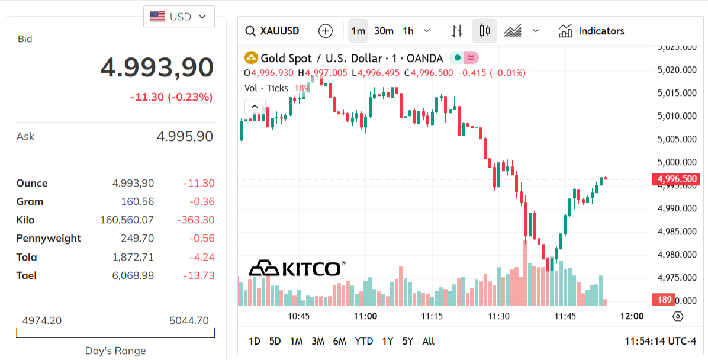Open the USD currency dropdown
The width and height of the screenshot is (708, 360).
(179, 17)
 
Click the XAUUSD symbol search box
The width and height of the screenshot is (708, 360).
(273, 31)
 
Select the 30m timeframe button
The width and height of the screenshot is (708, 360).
(384, 31)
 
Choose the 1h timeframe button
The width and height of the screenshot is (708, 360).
(408, 31)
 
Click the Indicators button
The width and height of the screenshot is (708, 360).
(591, 31)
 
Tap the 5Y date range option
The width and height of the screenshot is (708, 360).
(407, 341)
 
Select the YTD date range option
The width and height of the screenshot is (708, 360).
(363, 341)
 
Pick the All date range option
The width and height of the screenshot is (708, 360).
(428, 341)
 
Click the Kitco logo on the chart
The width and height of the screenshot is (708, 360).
(297, 268)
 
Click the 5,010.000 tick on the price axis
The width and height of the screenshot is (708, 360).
(677, 116)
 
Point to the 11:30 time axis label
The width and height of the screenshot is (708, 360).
(498, 316)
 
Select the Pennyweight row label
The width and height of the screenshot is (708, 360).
(49, 238)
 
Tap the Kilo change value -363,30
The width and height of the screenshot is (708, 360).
(196, 220)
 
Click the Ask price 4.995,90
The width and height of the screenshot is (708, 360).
(185, 137)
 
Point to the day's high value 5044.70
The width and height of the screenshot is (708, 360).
(189, 320)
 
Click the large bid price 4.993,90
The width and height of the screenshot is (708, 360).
(157, 67)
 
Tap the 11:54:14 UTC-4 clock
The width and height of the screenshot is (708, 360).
(660, 341)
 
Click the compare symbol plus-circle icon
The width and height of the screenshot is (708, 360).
(326, 31)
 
